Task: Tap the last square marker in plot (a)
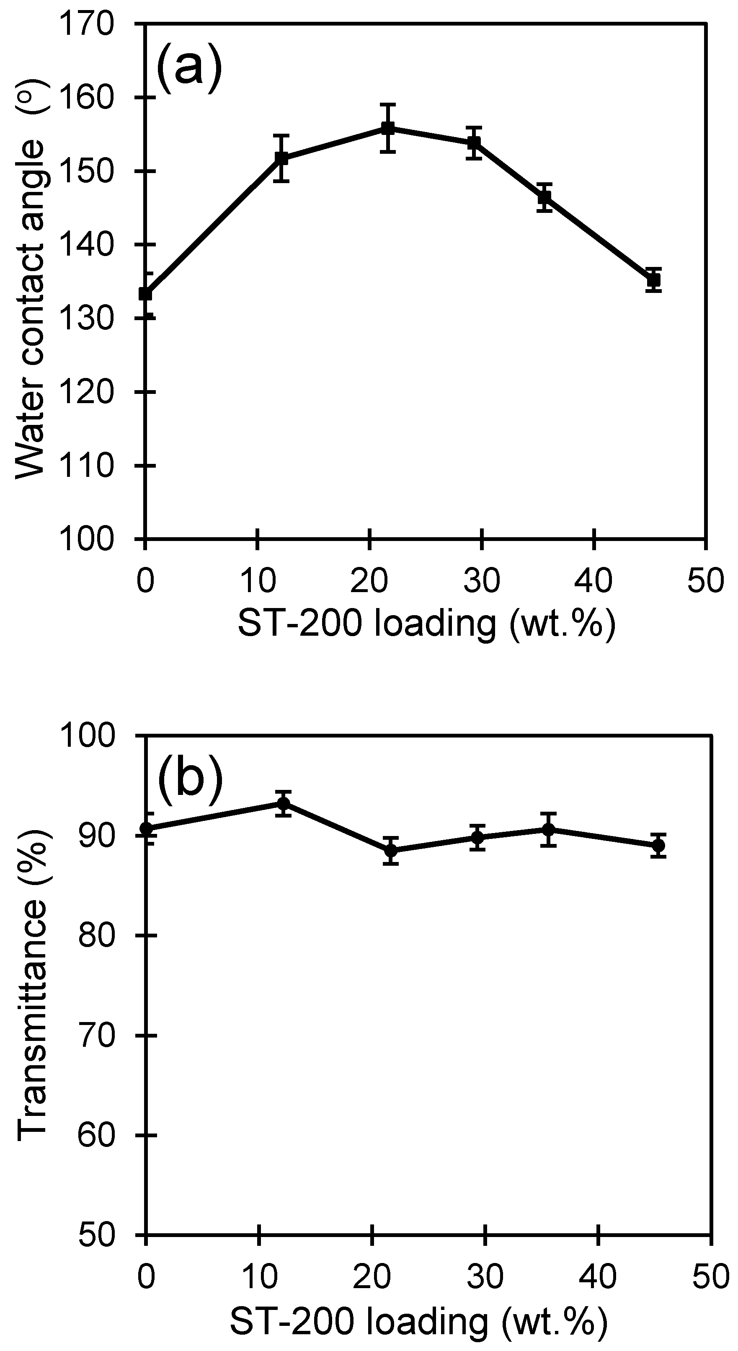(653, 280)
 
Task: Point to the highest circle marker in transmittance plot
(284, 803)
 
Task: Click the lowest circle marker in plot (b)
(390, 850)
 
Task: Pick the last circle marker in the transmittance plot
(659, 846)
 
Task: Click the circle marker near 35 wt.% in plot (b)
(548, 829)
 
